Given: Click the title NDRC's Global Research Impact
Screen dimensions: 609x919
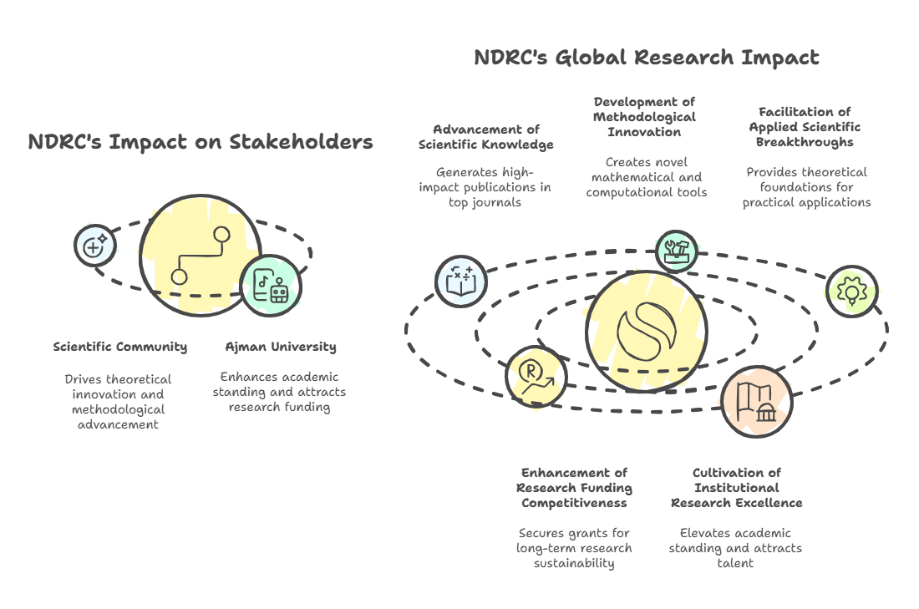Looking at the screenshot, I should [646, 58].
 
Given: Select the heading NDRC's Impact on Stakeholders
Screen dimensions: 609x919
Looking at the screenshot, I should [201, 142].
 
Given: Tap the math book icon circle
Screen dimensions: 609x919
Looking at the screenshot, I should [461, 281].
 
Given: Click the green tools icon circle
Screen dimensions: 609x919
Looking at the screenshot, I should [676, 250].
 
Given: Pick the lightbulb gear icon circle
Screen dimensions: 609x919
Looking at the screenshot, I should [851, 291].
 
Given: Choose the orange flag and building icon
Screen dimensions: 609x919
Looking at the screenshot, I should [756, 402].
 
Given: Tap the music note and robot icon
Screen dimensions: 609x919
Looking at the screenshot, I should [271, 287].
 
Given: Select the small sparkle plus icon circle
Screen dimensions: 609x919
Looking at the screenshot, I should [95, 245].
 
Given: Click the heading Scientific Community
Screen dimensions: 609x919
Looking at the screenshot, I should [119, 347].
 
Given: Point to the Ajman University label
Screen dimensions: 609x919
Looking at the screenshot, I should [281, 347].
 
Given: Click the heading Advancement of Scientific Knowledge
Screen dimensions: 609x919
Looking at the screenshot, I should [485, 137].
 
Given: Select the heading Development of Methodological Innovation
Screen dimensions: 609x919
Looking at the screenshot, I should [644, 117].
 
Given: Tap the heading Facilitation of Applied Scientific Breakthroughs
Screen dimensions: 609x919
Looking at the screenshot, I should [805, 127].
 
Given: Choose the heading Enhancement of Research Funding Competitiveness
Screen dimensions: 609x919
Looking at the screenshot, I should [574, 488].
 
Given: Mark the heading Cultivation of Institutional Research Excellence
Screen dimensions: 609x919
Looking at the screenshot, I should [736, 488].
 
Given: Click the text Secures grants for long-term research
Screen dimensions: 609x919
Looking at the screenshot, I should [574, 548].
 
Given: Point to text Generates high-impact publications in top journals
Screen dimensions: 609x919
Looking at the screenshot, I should [485, 187].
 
